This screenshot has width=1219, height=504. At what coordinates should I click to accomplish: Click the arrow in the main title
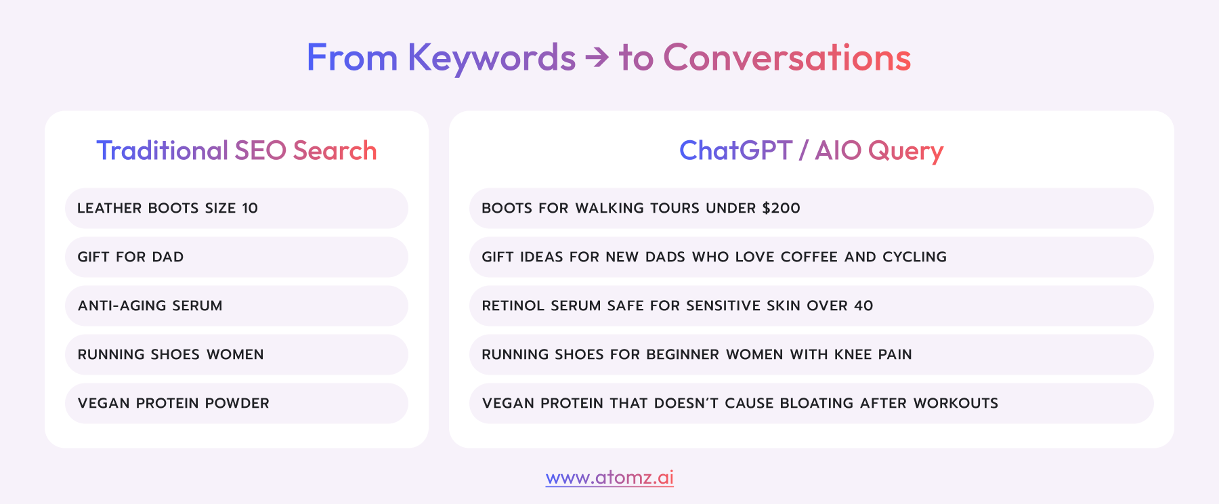[597, 58]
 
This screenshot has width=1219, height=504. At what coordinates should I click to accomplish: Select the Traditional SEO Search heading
[236, 150]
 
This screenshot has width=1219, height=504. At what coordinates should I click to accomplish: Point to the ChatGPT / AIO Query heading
[811, 151]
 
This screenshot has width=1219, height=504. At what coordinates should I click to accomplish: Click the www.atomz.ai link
[609, 478]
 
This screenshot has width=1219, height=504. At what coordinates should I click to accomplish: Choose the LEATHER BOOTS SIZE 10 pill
[236, 208]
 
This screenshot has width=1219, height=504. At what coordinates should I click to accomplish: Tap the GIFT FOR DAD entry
[236, 257]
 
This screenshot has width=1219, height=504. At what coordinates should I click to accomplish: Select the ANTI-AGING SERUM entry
[236, 306]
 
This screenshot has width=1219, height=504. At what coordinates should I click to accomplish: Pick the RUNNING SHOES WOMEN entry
[236, 354]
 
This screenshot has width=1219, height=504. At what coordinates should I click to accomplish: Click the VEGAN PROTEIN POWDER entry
[236, 403]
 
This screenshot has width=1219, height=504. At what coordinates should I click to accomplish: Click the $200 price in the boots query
[781, 208]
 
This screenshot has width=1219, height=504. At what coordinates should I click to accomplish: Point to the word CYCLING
[914, 257]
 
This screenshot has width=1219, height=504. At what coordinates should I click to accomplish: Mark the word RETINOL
[513, 306]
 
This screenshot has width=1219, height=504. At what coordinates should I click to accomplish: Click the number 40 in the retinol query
[863, 306]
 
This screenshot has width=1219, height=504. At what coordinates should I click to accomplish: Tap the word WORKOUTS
[956, 403]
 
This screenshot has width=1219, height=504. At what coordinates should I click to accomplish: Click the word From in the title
[352, 58]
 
